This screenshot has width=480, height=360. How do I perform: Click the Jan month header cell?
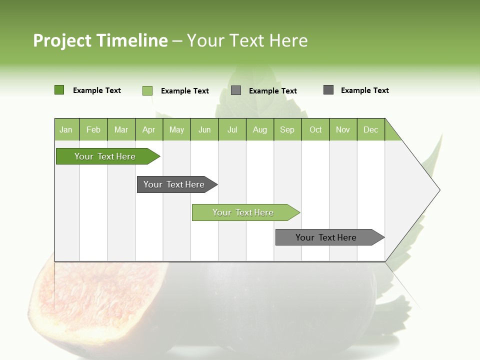point(66,129)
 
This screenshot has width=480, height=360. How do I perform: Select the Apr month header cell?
point(149,129)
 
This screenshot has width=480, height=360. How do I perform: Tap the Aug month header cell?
point(260,129)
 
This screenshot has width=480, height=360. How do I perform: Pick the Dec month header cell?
point(370,129)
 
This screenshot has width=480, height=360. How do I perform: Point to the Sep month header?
point(287,129)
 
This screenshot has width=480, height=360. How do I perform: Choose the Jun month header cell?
point(204,129)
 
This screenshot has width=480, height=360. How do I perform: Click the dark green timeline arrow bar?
point(105,156)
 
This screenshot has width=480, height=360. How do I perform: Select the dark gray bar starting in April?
point(174,184)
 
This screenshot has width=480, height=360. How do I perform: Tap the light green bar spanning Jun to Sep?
point(243,212)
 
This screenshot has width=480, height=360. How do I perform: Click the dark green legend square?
point(59,90)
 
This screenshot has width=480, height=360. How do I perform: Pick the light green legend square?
point(147,90)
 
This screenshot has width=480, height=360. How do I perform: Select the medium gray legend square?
point(236,90)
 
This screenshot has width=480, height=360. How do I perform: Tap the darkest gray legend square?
point(328,90)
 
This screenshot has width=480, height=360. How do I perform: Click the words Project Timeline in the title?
point(100,40)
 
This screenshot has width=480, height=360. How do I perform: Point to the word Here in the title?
point(288,40)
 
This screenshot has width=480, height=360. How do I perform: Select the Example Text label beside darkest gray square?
point(364,90)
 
